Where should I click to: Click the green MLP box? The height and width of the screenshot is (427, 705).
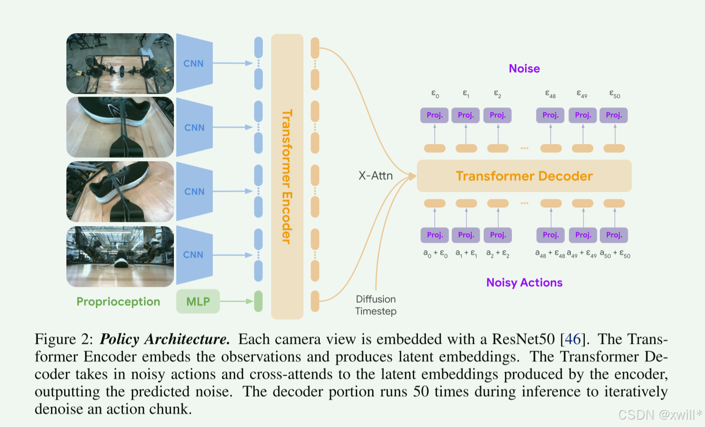pyautogui.click(x=198, y=301)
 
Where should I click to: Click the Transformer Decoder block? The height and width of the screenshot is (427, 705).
pyautogui.click(x=524, y=176)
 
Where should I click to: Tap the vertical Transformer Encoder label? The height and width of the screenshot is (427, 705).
pyautogui.click(x=287, y=177)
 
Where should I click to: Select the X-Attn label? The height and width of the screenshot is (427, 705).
pyautogui.click(x=375, y=176)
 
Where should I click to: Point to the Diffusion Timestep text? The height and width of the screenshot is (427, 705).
pyautogui.click(x=376, y=305)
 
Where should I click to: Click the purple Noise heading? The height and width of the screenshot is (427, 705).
pyautogui.click(x=524, y=69)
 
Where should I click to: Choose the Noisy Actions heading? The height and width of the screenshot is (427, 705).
pyautogui.click(x=524, y=283)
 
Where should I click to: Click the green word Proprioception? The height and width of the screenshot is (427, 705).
pyautogui.click(x=118, y=302)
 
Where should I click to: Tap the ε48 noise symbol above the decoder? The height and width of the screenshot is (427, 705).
pyautogui.click(x=550, y=94)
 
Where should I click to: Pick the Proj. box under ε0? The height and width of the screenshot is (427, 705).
pyautogui.click(x=434, y=115)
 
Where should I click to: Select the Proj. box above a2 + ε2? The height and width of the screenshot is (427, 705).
pyautogui.click(x=498, y=235)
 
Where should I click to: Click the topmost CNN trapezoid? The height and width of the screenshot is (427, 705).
pyautogui.click(x=194, y=64)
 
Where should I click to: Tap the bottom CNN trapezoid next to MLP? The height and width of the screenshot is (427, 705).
pyautogui.click(x=194, y=255)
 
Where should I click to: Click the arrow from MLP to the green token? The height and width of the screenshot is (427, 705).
pyautogui.click(x=236, y=301)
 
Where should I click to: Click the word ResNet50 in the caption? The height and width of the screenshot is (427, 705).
pyautogui.click(x=523, y=339)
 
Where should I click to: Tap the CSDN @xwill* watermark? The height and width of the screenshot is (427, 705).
pyautogui.click(x=660, y=414)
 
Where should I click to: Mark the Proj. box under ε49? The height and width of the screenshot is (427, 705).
pyautogui.click(x=583, y=115)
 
